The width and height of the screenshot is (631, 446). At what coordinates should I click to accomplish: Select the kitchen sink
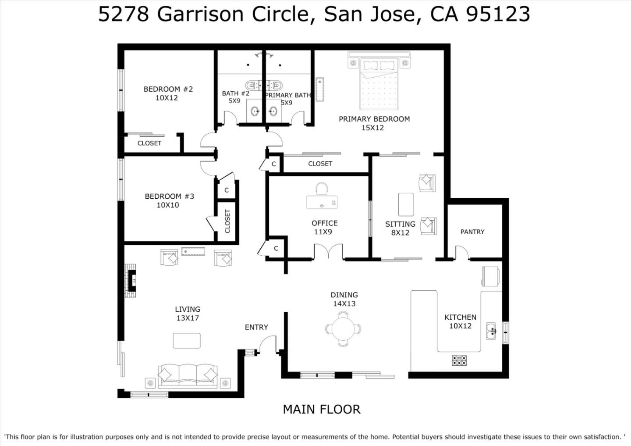491,331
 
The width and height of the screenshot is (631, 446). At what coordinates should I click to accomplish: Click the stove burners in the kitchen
459,360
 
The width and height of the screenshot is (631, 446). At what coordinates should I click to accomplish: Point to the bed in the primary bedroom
379,86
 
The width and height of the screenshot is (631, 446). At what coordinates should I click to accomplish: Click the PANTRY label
472,232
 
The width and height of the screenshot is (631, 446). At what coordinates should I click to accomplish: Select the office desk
322,202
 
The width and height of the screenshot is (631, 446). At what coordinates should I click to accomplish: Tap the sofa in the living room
188,376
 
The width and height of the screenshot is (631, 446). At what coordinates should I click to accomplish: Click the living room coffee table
187,340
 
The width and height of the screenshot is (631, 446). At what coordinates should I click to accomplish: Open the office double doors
328,253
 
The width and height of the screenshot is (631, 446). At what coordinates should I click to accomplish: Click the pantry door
462,253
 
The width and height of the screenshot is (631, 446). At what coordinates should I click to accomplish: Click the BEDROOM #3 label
169,196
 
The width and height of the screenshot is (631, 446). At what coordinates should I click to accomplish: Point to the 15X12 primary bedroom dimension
372,128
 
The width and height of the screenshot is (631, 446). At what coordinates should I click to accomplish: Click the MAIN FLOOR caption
321,409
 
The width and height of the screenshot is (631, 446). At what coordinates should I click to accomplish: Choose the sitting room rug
406,204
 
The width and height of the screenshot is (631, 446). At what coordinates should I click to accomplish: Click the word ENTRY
256,327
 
